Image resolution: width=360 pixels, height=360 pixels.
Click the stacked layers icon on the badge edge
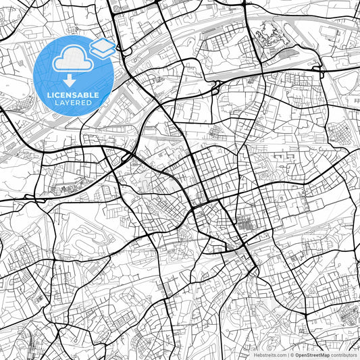tap(101, 47)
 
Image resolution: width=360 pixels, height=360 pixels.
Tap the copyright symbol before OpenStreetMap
tap(292, 354)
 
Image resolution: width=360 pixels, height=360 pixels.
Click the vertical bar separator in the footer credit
tap(288, 354)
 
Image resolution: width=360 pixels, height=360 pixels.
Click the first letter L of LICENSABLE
tap(49, 95)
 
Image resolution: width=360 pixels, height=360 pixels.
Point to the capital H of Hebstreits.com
tap(254, 354)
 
